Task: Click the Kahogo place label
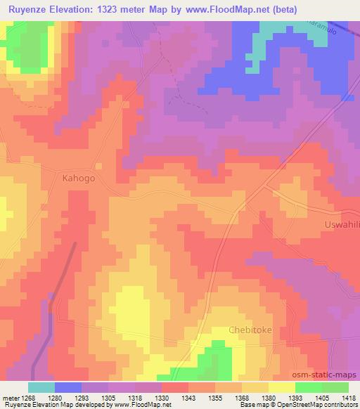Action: click(x=77, y=178)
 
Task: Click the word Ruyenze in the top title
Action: click(x=29, y=9)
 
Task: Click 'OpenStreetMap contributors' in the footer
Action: click(x=317, y=405)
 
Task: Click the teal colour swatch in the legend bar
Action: click(x=41, y=387)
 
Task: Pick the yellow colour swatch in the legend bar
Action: click(x=281, y=387)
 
